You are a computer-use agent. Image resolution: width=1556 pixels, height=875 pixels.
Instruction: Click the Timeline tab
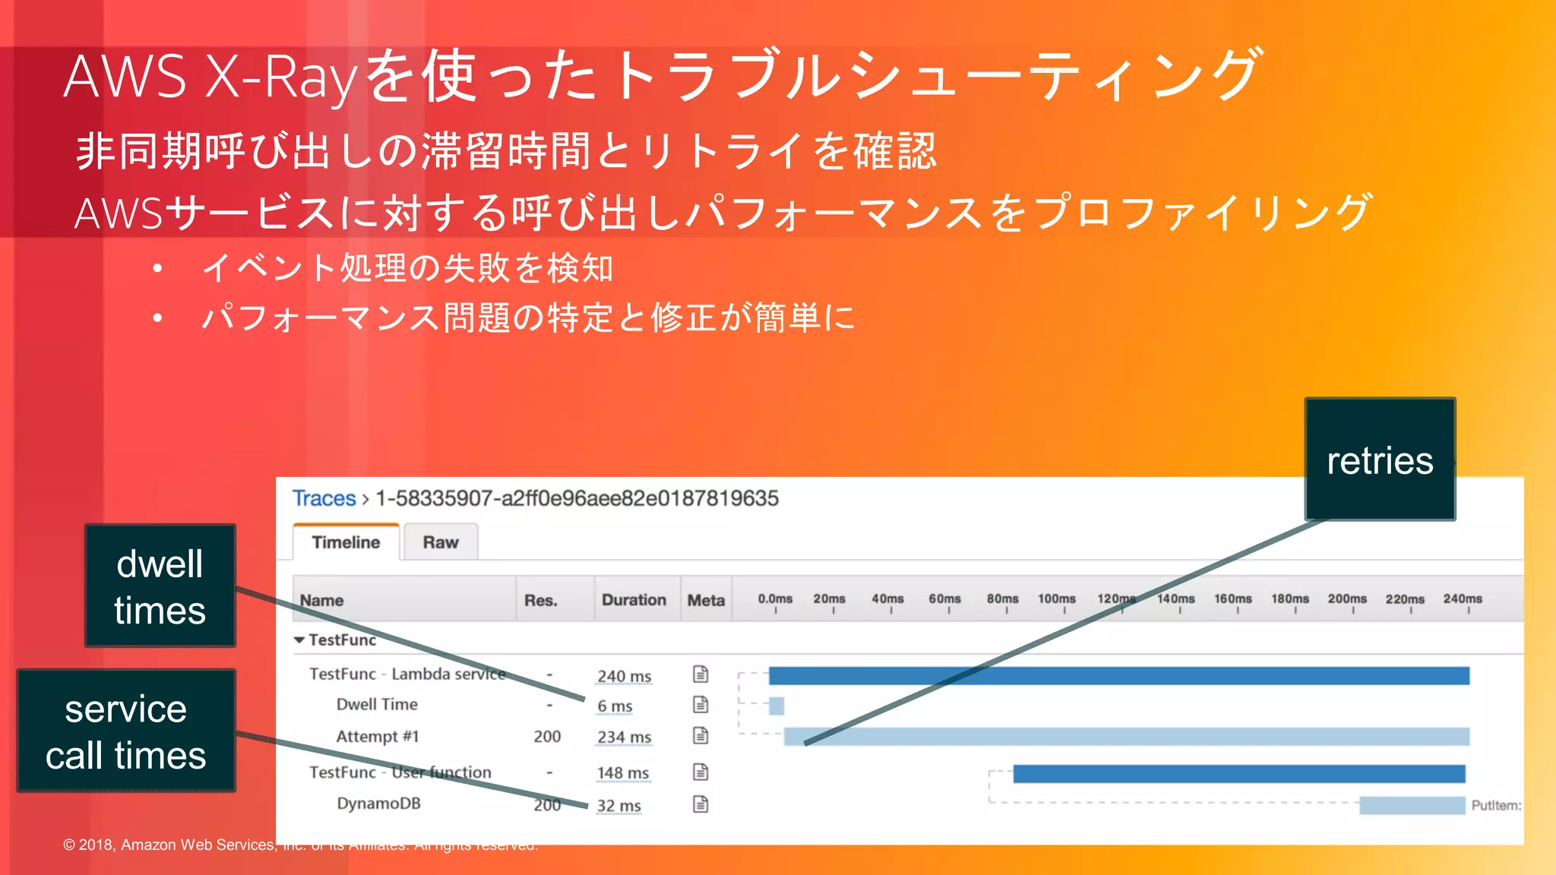pyautogui.click(x=346, y=542)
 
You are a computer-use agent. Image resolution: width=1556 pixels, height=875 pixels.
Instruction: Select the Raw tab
pyautogui.click(x=441, y=542)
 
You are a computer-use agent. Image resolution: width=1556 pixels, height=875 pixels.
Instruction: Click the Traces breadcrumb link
pyautogui.click(x=324, y=498)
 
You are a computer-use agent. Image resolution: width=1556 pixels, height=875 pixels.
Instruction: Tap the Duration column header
pyautogui.click(x=634, y=600)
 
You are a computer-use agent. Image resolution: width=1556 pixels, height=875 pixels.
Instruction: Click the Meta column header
pyautogui.click(x=706, y=600)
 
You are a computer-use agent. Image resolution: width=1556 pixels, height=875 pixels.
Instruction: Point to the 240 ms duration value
pyautogui.click(x=624, y=676)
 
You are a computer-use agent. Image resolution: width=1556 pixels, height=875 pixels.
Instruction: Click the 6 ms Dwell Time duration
pyautogui.click(x=615, y=706)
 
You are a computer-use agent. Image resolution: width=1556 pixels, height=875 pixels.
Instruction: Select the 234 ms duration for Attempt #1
pyautogui.click(x=624, y=737)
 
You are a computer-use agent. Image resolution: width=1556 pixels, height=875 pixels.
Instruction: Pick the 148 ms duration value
pyautogui.click(x=623, y=773)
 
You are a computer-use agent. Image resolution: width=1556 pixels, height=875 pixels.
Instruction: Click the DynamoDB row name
pyautogui.click(x=378, y=804)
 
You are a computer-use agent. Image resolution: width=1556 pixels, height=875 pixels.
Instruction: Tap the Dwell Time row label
pyautogui.click(x=377, y=705)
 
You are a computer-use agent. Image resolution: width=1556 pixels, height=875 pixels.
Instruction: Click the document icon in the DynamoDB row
pyautogui.click(x=701, y=804)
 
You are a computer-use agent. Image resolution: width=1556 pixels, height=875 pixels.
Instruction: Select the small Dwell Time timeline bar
pyautogui.click(x=776, y=706)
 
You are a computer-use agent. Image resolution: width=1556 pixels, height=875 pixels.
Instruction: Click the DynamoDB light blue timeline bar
pyautogui.click(x=1412, y=805)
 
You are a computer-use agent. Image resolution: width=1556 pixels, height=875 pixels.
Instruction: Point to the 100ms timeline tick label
pyautogui.click(x=1057, y=599)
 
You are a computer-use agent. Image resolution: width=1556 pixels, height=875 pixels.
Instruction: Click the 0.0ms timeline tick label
pyautogui.click(x=775, y=599)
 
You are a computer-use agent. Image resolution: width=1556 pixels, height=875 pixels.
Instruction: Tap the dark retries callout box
pyautogui.click(x=1380, y=460)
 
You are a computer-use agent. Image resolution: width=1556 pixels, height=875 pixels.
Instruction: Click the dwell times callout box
pyautogui.click(x=160, y=586)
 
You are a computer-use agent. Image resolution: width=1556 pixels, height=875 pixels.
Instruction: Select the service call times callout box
pyautogui.click(x=126, y=731)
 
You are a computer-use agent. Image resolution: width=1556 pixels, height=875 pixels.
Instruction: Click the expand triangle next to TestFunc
pyautogui.click(x=299, y=640)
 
